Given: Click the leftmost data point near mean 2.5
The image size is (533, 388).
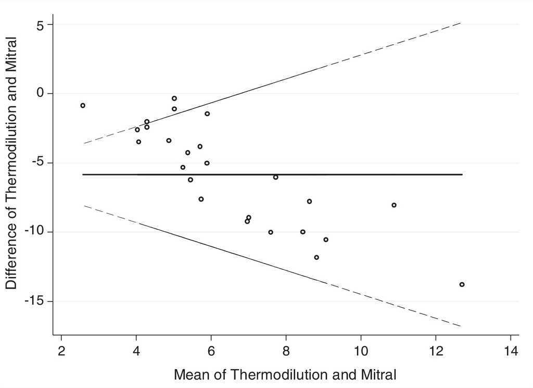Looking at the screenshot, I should click(83, 105).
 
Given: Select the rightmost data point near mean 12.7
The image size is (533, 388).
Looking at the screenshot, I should click(462, 284).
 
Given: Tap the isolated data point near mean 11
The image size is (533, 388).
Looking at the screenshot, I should click(394, 205).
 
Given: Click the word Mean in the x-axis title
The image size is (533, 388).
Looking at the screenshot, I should click(192, 374).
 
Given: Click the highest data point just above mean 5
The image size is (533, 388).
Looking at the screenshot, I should click(174, 98).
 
